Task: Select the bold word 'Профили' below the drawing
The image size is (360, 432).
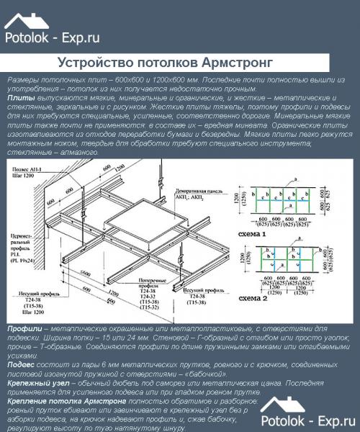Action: tap(23, 328)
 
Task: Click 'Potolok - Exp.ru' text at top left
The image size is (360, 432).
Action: tap(52, 37)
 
